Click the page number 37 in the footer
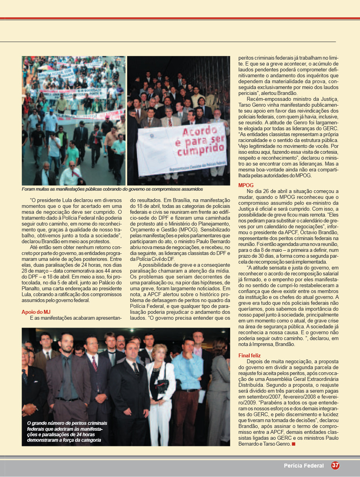(335, 466)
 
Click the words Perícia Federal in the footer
(304, 466)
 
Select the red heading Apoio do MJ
(36, 312)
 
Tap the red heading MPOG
(246, 185)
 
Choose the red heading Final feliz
(249, 355)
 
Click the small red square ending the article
(293, 444)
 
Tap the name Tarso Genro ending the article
(276, 444)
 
